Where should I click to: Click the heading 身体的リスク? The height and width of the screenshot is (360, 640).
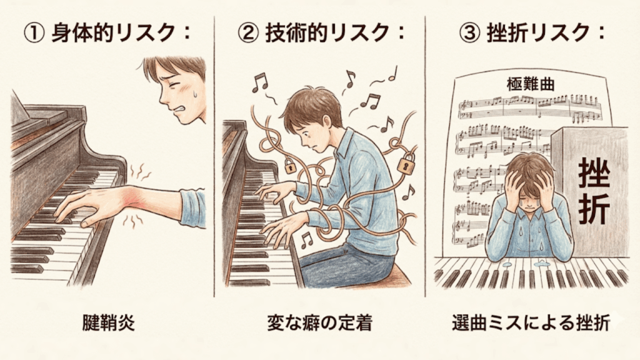pyautogui.click(x=113, y=32)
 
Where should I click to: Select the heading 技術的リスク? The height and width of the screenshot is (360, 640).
pyautogui.click(x=327, y=32)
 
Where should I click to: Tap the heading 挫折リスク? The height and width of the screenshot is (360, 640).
pyautogui.click(x=538, y=32)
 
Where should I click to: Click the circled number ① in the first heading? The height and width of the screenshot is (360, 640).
pyautogui.click(x=34, y=33)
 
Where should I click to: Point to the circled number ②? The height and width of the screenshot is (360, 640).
pyautogui.click(x=248, y=33)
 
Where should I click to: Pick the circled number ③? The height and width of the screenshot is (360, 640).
pyautogui.click(x=470, y=33)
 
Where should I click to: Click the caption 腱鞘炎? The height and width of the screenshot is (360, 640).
pyautogui.click(x=108, y=323)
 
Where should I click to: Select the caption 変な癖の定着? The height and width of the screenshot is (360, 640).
pyautogui.click(x=319, y=323)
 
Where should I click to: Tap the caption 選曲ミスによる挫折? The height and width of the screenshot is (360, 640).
pyautogui.click(x=531, y=323)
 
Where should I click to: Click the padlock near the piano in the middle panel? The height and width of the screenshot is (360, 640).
pyautogui.click(x=289, y=166)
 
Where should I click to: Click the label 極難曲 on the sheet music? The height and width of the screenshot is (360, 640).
pyautogui.click(x=531, y=84)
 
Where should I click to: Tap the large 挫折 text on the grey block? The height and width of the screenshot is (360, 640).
pyautogui.click(x=594, y=191)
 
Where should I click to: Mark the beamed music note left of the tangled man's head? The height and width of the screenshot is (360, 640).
pyautogui.click(x=259, y=82)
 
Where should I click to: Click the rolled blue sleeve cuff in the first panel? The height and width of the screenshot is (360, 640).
pyautogui.click(x=192, y=208)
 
